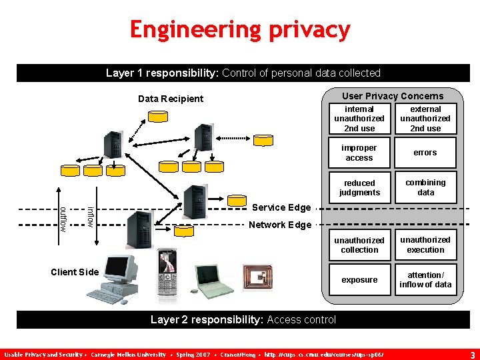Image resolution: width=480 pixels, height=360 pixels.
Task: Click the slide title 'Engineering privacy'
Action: [x=240, y=29]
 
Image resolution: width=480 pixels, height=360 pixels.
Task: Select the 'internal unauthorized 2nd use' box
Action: [x=359, y=119]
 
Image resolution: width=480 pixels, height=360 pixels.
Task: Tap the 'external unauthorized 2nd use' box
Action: [x=425, y=119]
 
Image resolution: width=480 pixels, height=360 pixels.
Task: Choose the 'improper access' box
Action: [x=359, y=153]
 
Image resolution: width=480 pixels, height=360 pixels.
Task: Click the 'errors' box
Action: [x=425, y=153]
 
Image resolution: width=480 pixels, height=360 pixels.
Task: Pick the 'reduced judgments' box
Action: [x=359, y=187]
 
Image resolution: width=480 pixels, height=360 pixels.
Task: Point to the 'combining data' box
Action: [x=425, y=187]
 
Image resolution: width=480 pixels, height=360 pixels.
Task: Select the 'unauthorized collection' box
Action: [x=359, y=245]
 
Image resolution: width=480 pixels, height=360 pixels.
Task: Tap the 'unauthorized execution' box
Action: [x=425, y=245]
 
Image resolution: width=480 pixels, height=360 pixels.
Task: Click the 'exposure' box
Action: [x=359, y=280]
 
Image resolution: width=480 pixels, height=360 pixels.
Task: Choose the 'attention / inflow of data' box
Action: [x=425, y=280]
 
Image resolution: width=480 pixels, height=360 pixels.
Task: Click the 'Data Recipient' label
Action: [x=171, y=99]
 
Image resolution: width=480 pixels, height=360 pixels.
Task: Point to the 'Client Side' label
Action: [x=75, y=271]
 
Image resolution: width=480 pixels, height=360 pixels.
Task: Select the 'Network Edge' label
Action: [x=280, y=225]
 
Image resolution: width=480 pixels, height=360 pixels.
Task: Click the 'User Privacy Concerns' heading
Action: [x=393, y=96]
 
